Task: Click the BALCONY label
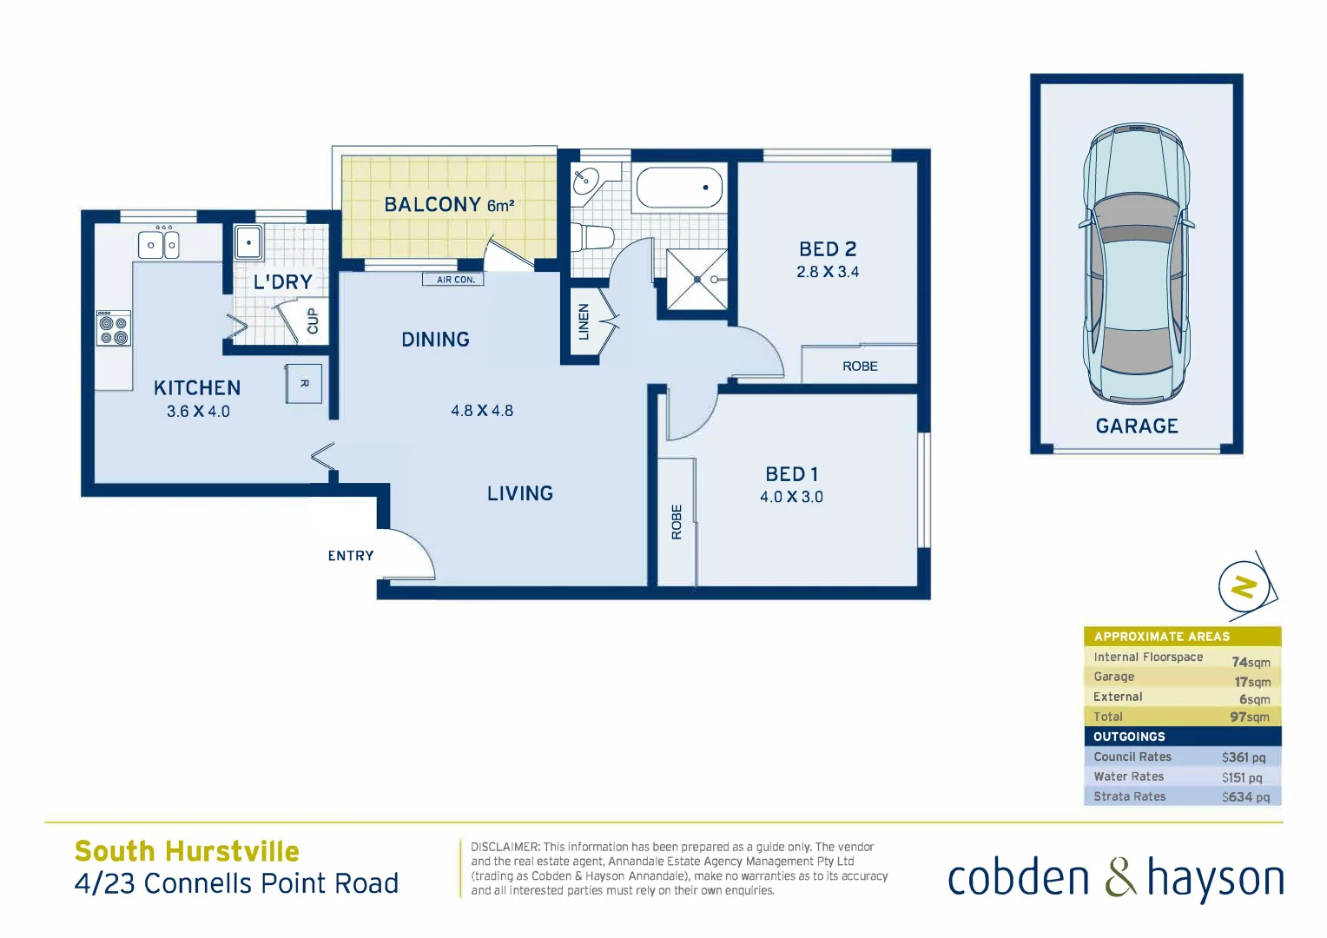432,205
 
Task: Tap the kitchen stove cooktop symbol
113,328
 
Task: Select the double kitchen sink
160,245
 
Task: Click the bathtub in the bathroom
679,188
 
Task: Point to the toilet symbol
592,236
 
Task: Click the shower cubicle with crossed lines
697,279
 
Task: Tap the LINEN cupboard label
584,321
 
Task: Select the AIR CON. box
454,280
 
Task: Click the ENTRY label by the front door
351,556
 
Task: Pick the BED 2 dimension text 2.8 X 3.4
828,272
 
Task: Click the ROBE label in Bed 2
860,367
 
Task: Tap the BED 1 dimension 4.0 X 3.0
791,497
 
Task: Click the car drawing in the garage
1136,261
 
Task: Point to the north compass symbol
1244,586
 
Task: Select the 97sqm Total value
1250,717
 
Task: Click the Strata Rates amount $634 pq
1245,796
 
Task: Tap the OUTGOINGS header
1129,737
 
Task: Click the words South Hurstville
187,851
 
